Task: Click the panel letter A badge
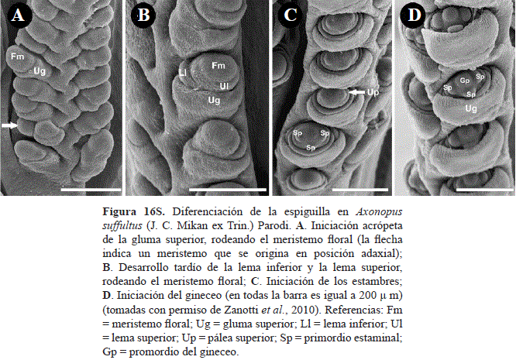(18, 15)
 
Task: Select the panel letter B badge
(143, 15)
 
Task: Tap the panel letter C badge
(290, 15)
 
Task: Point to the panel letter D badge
(413, 15)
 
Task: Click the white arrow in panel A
(9, 125)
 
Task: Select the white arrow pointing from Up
(357, 92)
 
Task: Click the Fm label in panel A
(18, 57)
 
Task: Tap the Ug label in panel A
(40, 70)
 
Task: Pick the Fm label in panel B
(218, 66)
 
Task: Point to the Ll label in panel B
(183, 73)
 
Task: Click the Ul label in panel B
(224, 86)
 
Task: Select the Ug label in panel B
(214, 100)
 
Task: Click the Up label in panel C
(373, 92)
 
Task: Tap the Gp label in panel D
(465, 81)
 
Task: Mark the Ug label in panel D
(471, 108)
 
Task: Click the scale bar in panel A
(91, 190)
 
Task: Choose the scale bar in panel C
(360, 190)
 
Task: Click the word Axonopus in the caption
(379, 211)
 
